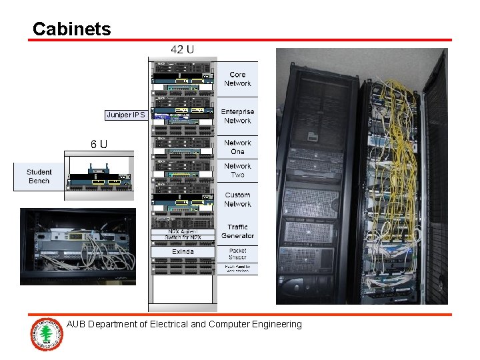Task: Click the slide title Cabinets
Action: (71, 29)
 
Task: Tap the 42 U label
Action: (182, 49)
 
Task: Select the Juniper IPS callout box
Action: (125, 115)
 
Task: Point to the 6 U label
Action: (99, 144)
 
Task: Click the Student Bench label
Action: (39, 177)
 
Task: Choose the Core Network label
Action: (237, 79)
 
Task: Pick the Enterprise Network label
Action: (237, 116)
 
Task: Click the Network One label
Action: (237, 147)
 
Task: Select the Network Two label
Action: (237, 171)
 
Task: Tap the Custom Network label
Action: (237, 200)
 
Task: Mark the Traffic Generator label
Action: (237, 231)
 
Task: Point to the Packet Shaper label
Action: (237, 254)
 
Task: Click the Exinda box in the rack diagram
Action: (183, 251)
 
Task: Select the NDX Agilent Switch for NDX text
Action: (183, 235)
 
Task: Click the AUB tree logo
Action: (47, 334)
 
